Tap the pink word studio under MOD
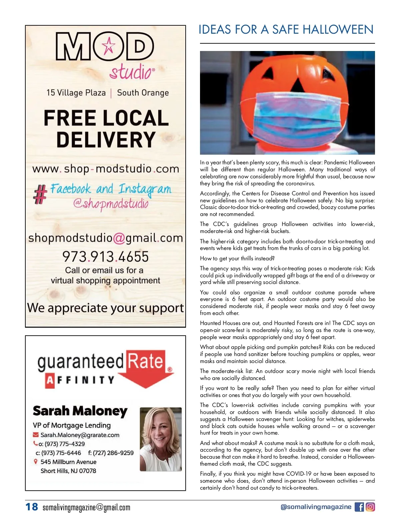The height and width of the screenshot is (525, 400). (x=132, y=72)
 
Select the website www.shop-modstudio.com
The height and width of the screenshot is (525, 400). (x=106, y=169)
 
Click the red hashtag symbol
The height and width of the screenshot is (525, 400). (x=40, y=194)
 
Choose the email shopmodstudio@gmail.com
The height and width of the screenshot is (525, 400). (x=106, y=238)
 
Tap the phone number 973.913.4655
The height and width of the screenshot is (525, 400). (x=105, y=257)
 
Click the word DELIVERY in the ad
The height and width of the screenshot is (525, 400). (x=106, y=139)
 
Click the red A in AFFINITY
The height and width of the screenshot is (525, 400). (x=49, y=380)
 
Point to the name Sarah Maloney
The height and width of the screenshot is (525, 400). (x=80, y=411)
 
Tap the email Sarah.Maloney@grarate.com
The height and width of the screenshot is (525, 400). (x=80, y=435)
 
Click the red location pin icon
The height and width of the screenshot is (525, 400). (x=36, y=462)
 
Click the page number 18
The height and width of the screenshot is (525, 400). (x=32, y=507)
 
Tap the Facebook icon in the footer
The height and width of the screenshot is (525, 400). (x=359, y=507)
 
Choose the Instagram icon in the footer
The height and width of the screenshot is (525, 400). (x=370, y=507)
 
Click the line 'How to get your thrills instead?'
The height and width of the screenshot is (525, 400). (x=237, y=258)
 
